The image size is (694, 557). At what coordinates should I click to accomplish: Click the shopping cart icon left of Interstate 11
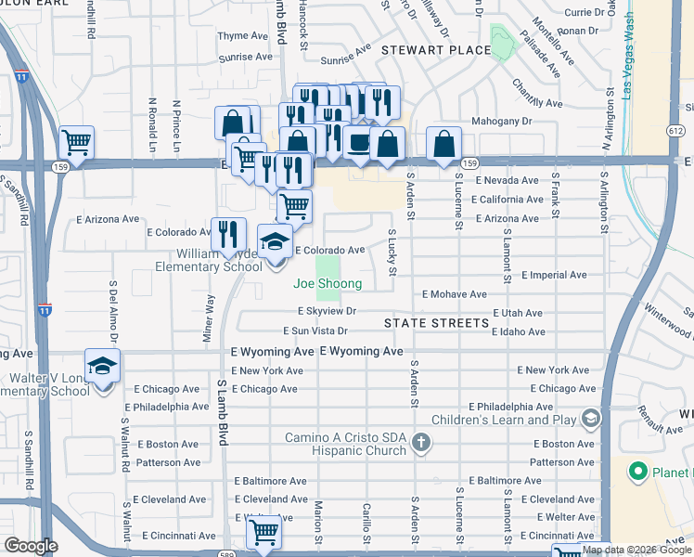tap(76, 143)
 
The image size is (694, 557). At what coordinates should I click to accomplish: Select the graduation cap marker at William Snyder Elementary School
tap(275, 242)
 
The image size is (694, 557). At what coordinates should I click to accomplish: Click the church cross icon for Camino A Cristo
tap(421, 442)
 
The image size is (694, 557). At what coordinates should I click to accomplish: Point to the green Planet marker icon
tap(637, 473)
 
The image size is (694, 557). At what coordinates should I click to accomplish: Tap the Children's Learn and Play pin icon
tap(588, 421)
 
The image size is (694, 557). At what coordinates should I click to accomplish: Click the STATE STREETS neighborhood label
tap(436, 323)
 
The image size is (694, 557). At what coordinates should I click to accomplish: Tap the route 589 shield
tap(252, 555)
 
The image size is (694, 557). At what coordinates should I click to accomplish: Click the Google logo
tap(31, 547)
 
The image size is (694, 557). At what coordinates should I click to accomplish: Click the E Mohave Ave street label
tap(454, 294)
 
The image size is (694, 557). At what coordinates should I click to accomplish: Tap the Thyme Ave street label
tap(242, 35)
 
